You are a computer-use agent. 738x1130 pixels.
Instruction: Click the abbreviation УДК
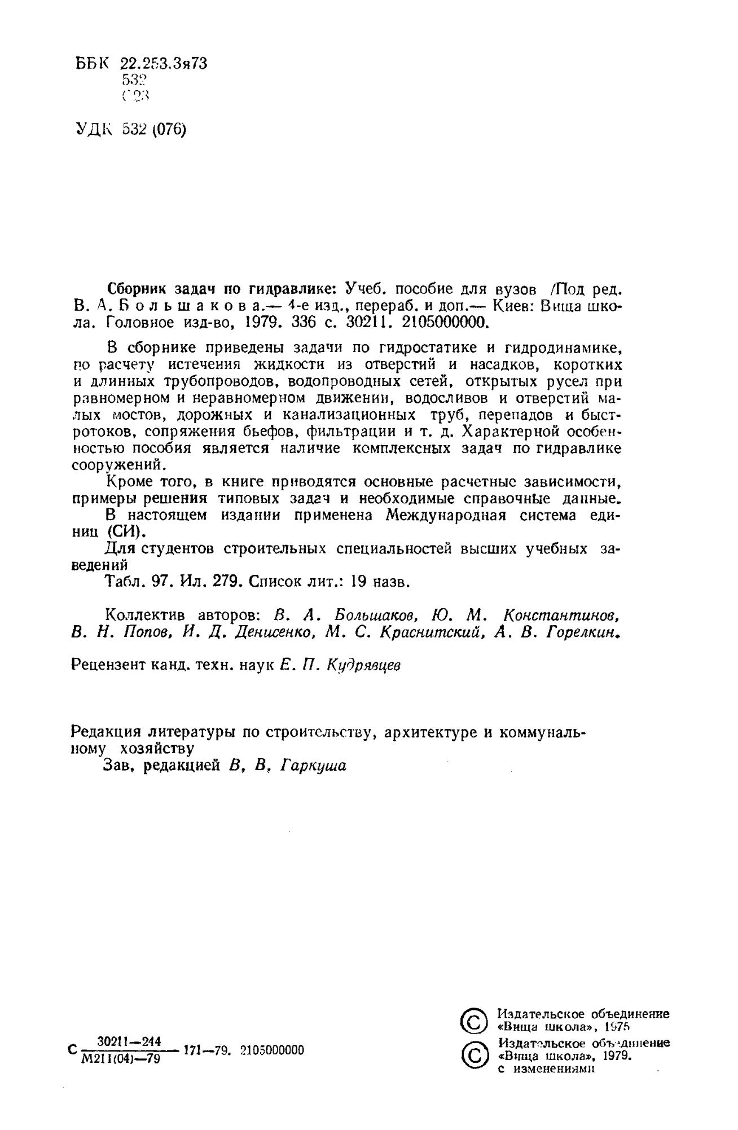(94, 130)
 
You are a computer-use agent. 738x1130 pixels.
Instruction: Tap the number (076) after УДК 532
(169, 130)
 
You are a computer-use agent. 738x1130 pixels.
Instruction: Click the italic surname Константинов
(559, 615)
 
